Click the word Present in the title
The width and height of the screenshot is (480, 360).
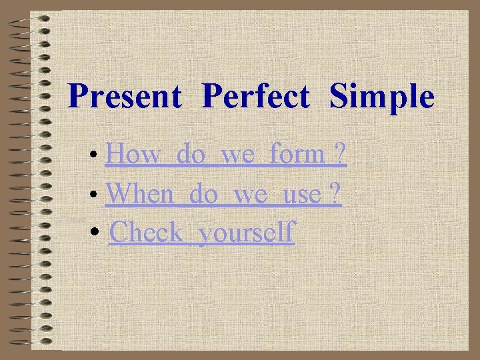pyautogui.click(x=125, y=97)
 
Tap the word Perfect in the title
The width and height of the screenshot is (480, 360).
pyautogui.click(x=256, y=97)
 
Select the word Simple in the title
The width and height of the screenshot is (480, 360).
pyautogui.click(x=382, y=97)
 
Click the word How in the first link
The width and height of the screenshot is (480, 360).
pyautogui.click(x=133, y=155)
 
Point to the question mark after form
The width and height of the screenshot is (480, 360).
pyautogui.click(x=340, y=155)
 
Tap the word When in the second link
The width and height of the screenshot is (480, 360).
pyautogui.click(x=144, y=194)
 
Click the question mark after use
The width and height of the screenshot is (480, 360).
pyautogui.click(x=335, y=194)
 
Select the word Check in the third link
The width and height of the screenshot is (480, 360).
pyautogui.click(x=146, y=233)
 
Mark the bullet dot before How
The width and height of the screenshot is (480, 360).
pyautogui.click(x=97, y=157)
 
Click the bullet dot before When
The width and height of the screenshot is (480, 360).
pyautogui.click(x=97, y=197)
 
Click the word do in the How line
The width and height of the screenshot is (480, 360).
pyautogui.click(x=192, y=155)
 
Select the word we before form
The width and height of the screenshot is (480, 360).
pyautogui.click(x=237, y=156)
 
